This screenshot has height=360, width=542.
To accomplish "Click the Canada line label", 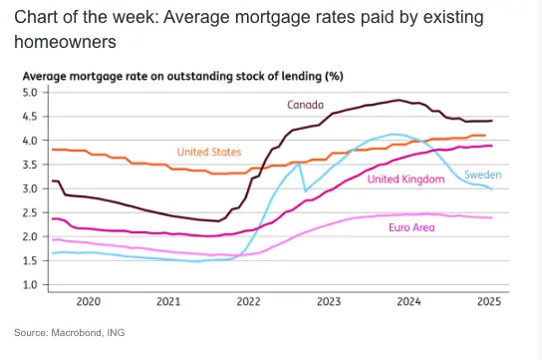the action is point(305,105).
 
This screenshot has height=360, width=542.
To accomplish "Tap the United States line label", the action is point(209,152).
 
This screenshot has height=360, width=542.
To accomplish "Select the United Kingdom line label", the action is point(406,180).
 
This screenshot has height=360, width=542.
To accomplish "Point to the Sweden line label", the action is point(482,175).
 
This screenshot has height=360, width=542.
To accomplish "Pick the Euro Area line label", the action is point(411,227).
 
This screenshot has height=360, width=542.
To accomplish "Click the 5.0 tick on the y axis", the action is point(30,93).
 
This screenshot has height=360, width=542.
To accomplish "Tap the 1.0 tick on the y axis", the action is point(30,285).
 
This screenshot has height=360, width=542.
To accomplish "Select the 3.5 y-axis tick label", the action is point(30,165).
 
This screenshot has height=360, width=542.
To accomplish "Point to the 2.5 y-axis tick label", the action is point(30,212).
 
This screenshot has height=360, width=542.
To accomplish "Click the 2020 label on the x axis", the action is point(88,301).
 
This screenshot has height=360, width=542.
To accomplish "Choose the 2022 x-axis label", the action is point(248,301).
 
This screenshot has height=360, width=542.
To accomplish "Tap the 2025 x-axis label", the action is point(489,301).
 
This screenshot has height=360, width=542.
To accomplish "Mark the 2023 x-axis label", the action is point(329,301).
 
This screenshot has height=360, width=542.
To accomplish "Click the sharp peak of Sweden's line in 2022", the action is point(299,164).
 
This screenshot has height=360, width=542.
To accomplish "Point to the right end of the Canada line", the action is point(492,121).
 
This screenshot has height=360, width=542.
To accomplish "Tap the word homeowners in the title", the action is point(65,42).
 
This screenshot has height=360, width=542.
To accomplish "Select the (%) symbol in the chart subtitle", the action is point(334,76).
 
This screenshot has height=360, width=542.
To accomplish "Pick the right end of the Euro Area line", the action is point(492,217).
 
